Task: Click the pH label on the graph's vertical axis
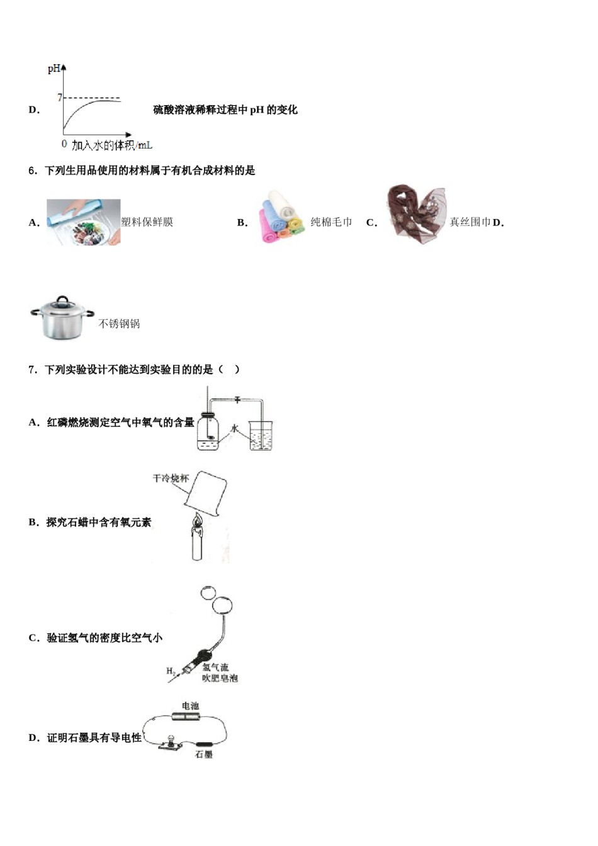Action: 54,69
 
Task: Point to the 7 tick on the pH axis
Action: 60,98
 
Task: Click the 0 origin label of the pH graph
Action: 64,144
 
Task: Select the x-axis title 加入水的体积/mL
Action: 112,145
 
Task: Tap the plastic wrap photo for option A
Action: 83,222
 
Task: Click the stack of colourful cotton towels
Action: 281,217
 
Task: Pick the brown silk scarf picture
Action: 417,214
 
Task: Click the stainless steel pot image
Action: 62,318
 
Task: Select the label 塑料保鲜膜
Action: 147,222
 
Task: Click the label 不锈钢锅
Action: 119,324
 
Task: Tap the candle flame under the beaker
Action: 198,521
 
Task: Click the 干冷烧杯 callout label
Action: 171,478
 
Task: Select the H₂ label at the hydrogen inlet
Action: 171,672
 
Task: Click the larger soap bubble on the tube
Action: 222,606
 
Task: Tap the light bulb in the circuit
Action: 169,742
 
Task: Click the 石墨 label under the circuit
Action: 203,754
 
